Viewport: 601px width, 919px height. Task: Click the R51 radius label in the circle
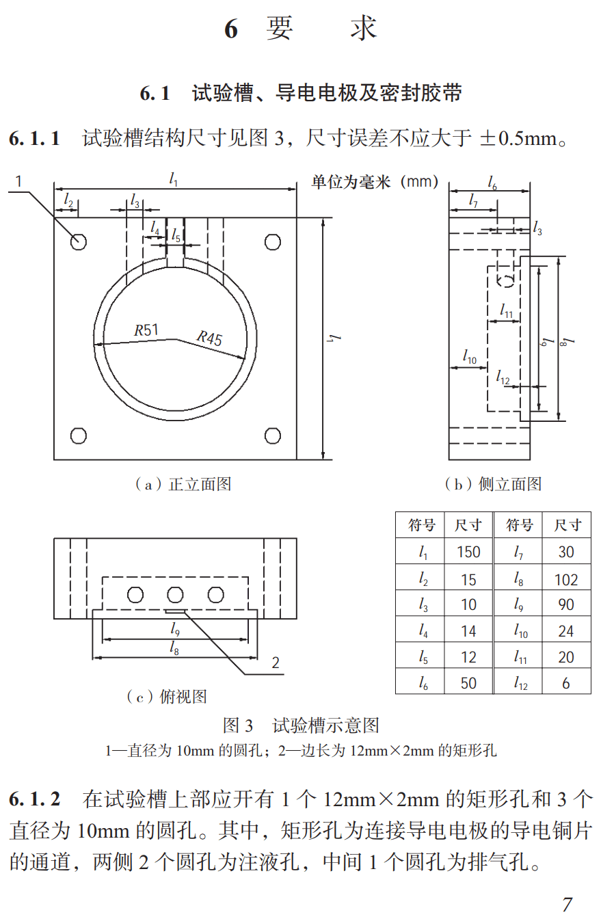146,330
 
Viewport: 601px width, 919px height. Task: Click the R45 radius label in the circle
210,337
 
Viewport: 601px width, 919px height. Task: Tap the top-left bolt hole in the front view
79,241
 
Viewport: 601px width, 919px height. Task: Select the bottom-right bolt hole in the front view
272,436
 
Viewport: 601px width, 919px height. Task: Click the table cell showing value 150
468,552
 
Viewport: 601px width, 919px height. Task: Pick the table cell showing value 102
566,580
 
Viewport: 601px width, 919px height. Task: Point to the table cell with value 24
566,631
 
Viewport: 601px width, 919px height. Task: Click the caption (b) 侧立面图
492,484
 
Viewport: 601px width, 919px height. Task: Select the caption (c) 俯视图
166,697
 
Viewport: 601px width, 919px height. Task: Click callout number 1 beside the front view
19,182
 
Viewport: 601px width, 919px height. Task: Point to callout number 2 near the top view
276,663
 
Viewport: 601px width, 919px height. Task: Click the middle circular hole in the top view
175,594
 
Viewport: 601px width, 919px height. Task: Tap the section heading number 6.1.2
35,799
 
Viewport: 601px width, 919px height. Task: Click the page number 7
567,904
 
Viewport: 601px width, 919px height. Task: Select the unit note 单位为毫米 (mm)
375,182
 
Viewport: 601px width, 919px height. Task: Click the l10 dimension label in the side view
469,356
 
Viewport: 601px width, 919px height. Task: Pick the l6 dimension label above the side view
492,182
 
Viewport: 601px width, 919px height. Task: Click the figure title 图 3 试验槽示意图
301,725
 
